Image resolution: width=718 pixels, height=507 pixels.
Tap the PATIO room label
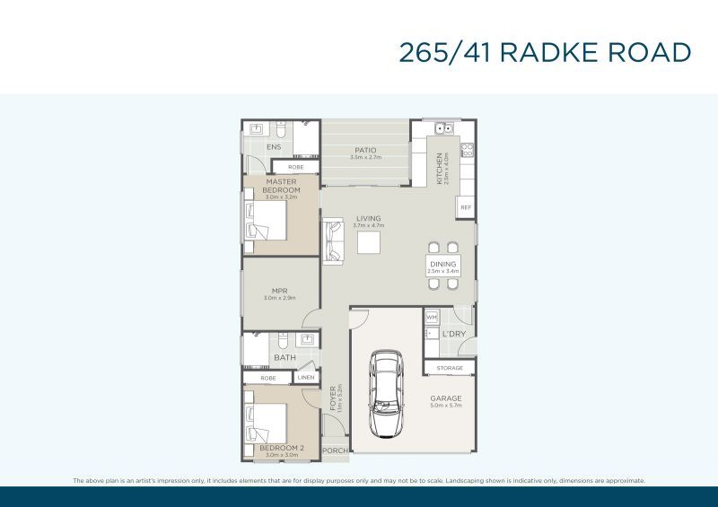coord(364,150)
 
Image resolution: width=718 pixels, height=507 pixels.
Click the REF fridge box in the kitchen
coord(465,207)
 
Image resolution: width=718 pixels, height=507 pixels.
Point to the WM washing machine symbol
coord(431,318)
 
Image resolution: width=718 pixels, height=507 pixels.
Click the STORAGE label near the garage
coord(450,368)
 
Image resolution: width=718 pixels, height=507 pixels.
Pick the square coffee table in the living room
coord(369,242)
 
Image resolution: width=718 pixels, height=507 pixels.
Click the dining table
coord(443,265)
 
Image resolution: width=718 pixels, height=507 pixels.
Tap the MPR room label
coord(279,290)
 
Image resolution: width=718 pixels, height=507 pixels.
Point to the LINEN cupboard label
coord(305,378)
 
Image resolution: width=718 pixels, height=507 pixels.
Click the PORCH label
coord(335,450)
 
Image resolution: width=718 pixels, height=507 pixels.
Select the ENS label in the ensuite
coord(274,147)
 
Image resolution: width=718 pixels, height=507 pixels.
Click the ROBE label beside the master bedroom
coord(295,168)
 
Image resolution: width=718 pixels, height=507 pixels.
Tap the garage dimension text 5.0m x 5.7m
coord(445,406)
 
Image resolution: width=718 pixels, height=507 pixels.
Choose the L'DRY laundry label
coord(453,335)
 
